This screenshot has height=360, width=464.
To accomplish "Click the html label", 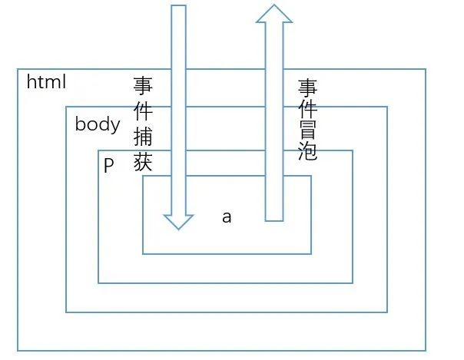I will tap(47, 81).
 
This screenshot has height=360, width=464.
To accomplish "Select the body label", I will tap(98, 124).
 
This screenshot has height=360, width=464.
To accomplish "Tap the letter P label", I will tap(108, 165).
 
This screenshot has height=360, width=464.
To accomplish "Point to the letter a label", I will tap(227, 217).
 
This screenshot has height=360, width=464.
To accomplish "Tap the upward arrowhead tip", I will tap(274, 6).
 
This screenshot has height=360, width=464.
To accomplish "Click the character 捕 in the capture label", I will tap(144, 138).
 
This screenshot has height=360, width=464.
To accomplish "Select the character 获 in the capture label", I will tap(144, 163).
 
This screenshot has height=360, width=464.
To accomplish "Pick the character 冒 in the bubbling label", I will tap(308, 128).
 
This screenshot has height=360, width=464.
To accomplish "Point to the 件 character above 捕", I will tap(144, 111).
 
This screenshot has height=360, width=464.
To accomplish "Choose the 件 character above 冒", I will tap(308, 107).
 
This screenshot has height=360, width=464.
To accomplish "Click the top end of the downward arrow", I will tap(178, 7).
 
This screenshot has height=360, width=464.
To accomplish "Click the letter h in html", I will tap(31, 81).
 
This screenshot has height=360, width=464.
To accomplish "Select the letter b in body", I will tap(80, 124).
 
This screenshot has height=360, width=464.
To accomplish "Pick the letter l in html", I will tap(64, 81).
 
